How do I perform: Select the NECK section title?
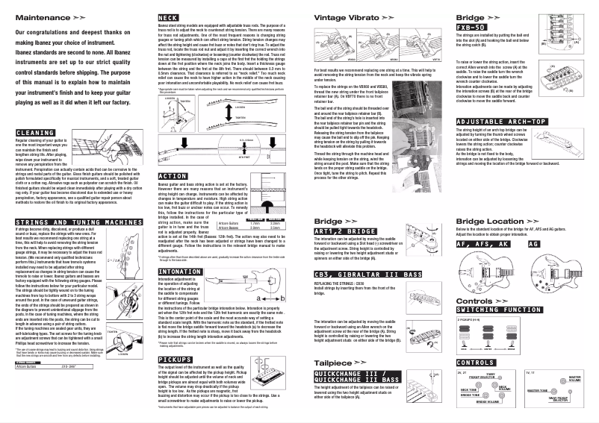tap(169, 17)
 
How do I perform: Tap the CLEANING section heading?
tap(34, 133)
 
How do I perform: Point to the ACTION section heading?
tap(173, 176)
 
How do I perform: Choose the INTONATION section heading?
tap(180, 272)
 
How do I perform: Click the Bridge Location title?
tap(490, 221)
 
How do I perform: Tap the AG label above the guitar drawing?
tap(533, 244)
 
